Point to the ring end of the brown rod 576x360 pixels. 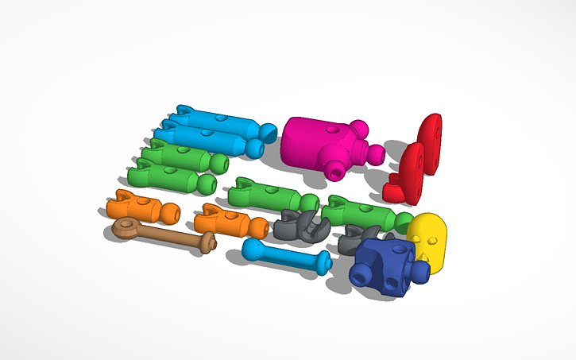point(126,229)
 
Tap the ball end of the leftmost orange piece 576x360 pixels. point(168,212)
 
